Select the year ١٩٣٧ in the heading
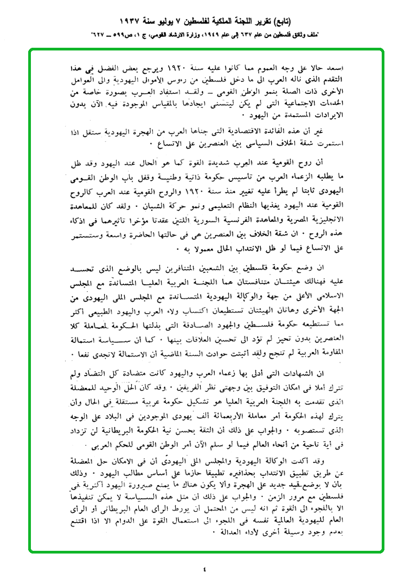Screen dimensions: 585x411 click(134, 22)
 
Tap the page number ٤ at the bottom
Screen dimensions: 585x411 click(205, 569)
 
